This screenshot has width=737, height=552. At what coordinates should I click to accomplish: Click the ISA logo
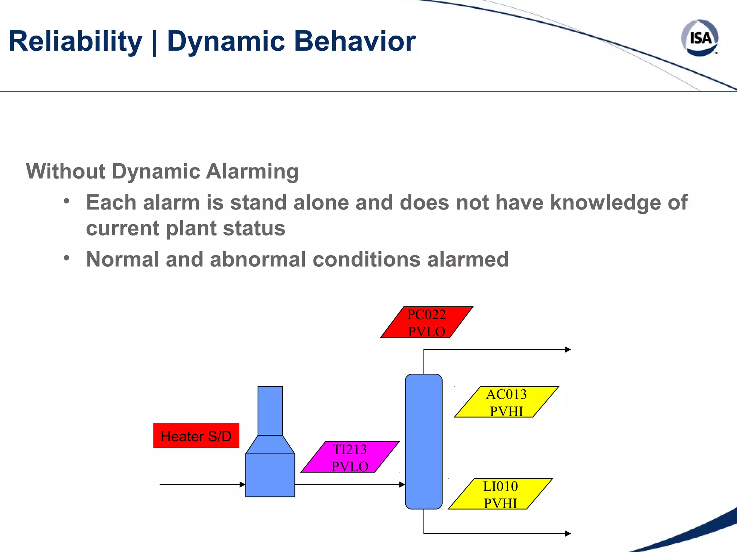(700, 38)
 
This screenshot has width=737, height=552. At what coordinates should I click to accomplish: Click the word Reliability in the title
(75, 41)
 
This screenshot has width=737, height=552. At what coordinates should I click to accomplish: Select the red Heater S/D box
(196, 436)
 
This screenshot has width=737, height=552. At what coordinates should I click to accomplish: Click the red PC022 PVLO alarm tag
(427, 322)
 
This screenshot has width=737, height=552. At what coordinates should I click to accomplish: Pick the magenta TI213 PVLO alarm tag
(350, 457)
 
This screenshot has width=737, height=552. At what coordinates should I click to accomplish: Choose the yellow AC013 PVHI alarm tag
(506, 402)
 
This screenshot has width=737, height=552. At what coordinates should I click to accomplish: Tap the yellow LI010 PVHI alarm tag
(500, 494)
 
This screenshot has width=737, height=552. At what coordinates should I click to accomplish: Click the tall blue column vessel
(424, 441)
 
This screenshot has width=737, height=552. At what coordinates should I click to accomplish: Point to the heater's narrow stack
(270, 410)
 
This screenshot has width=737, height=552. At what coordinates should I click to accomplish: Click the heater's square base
(270, 475)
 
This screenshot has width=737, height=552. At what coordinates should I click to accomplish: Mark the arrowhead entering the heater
(243, 484)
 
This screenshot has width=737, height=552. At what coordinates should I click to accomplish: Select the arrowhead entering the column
(402, 484)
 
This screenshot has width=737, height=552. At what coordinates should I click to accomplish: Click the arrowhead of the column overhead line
(568, 349)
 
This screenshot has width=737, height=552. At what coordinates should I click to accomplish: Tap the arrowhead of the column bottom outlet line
(568, 534)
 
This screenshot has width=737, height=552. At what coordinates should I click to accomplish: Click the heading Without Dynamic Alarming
(162, 171)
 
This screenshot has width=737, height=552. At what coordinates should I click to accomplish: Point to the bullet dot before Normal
(66, 258)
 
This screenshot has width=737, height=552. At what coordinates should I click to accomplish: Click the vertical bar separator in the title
(154, 42)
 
